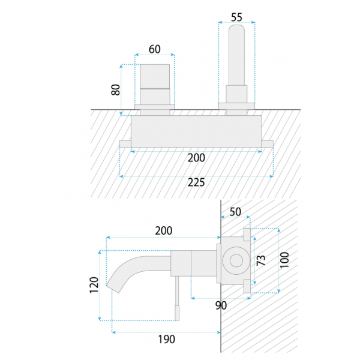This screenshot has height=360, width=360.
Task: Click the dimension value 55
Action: click(x=236, y=17)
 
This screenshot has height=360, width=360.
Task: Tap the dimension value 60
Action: click(x=155, y=49)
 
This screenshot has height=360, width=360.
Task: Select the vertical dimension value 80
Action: click(x=115, y=90)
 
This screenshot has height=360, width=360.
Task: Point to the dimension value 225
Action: click(x=196, y=182)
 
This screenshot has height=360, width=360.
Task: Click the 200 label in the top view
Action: click(x=196, y=158)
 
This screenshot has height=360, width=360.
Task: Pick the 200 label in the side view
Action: click(x=163, y=231)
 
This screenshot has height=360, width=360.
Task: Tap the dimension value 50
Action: click(x=235, y=212)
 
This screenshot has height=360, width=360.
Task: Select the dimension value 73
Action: click(x=261, y=260)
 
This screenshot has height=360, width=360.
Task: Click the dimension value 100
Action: click(x=284, y=260)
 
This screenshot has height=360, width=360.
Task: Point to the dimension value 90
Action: click(x=221, y=305)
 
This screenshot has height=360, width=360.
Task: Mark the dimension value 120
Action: click(x=94, y=285)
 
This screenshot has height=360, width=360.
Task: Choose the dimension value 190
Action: click(x=166, y=339)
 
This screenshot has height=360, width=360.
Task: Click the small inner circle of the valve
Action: click(x=236, y=260)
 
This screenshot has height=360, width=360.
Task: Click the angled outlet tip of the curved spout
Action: click(x=113, y=289)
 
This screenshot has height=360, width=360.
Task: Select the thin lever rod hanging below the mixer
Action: click(x=177, y=298)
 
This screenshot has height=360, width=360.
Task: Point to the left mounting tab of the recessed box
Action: click(x=125, y=144)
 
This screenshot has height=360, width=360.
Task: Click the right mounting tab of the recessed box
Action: click(x=268, y=144)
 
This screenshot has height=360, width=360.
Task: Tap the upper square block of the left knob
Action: click(x=155, y=76)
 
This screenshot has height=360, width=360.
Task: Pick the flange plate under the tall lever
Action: click(x=236, y=106)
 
